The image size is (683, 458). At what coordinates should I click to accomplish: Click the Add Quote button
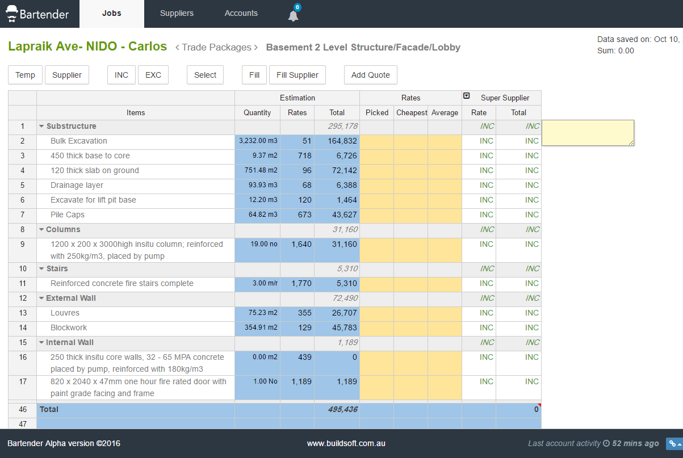371,75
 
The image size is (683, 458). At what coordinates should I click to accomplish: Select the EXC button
153,75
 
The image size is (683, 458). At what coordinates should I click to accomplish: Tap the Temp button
26,75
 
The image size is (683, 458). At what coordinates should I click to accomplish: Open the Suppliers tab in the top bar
177,13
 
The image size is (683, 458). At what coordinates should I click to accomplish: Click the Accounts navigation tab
241,13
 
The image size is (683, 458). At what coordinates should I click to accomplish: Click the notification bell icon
294,16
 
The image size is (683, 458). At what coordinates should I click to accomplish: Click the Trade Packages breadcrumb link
216,47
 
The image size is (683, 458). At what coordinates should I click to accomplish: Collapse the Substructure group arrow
41,126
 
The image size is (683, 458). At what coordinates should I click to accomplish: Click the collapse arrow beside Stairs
41,269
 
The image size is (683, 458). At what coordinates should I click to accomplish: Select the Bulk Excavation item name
79,141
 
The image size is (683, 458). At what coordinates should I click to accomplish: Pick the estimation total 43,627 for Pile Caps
344,215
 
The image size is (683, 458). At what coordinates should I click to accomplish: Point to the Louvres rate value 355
305,313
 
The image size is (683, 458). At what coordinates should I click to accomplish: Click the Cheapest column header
411,113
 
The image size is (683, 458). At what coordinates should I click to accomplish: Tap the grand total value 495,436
343,409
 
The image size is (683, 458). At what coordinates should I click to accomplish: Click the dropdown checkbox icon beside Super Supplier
467,96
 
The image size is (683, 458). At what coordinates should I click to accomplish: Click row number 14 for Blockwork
23,328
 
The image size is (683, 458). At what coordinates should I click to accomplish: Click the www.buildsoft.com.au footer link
346,443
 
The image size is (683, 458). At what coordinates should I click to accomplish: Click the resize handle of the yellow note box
631,142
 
